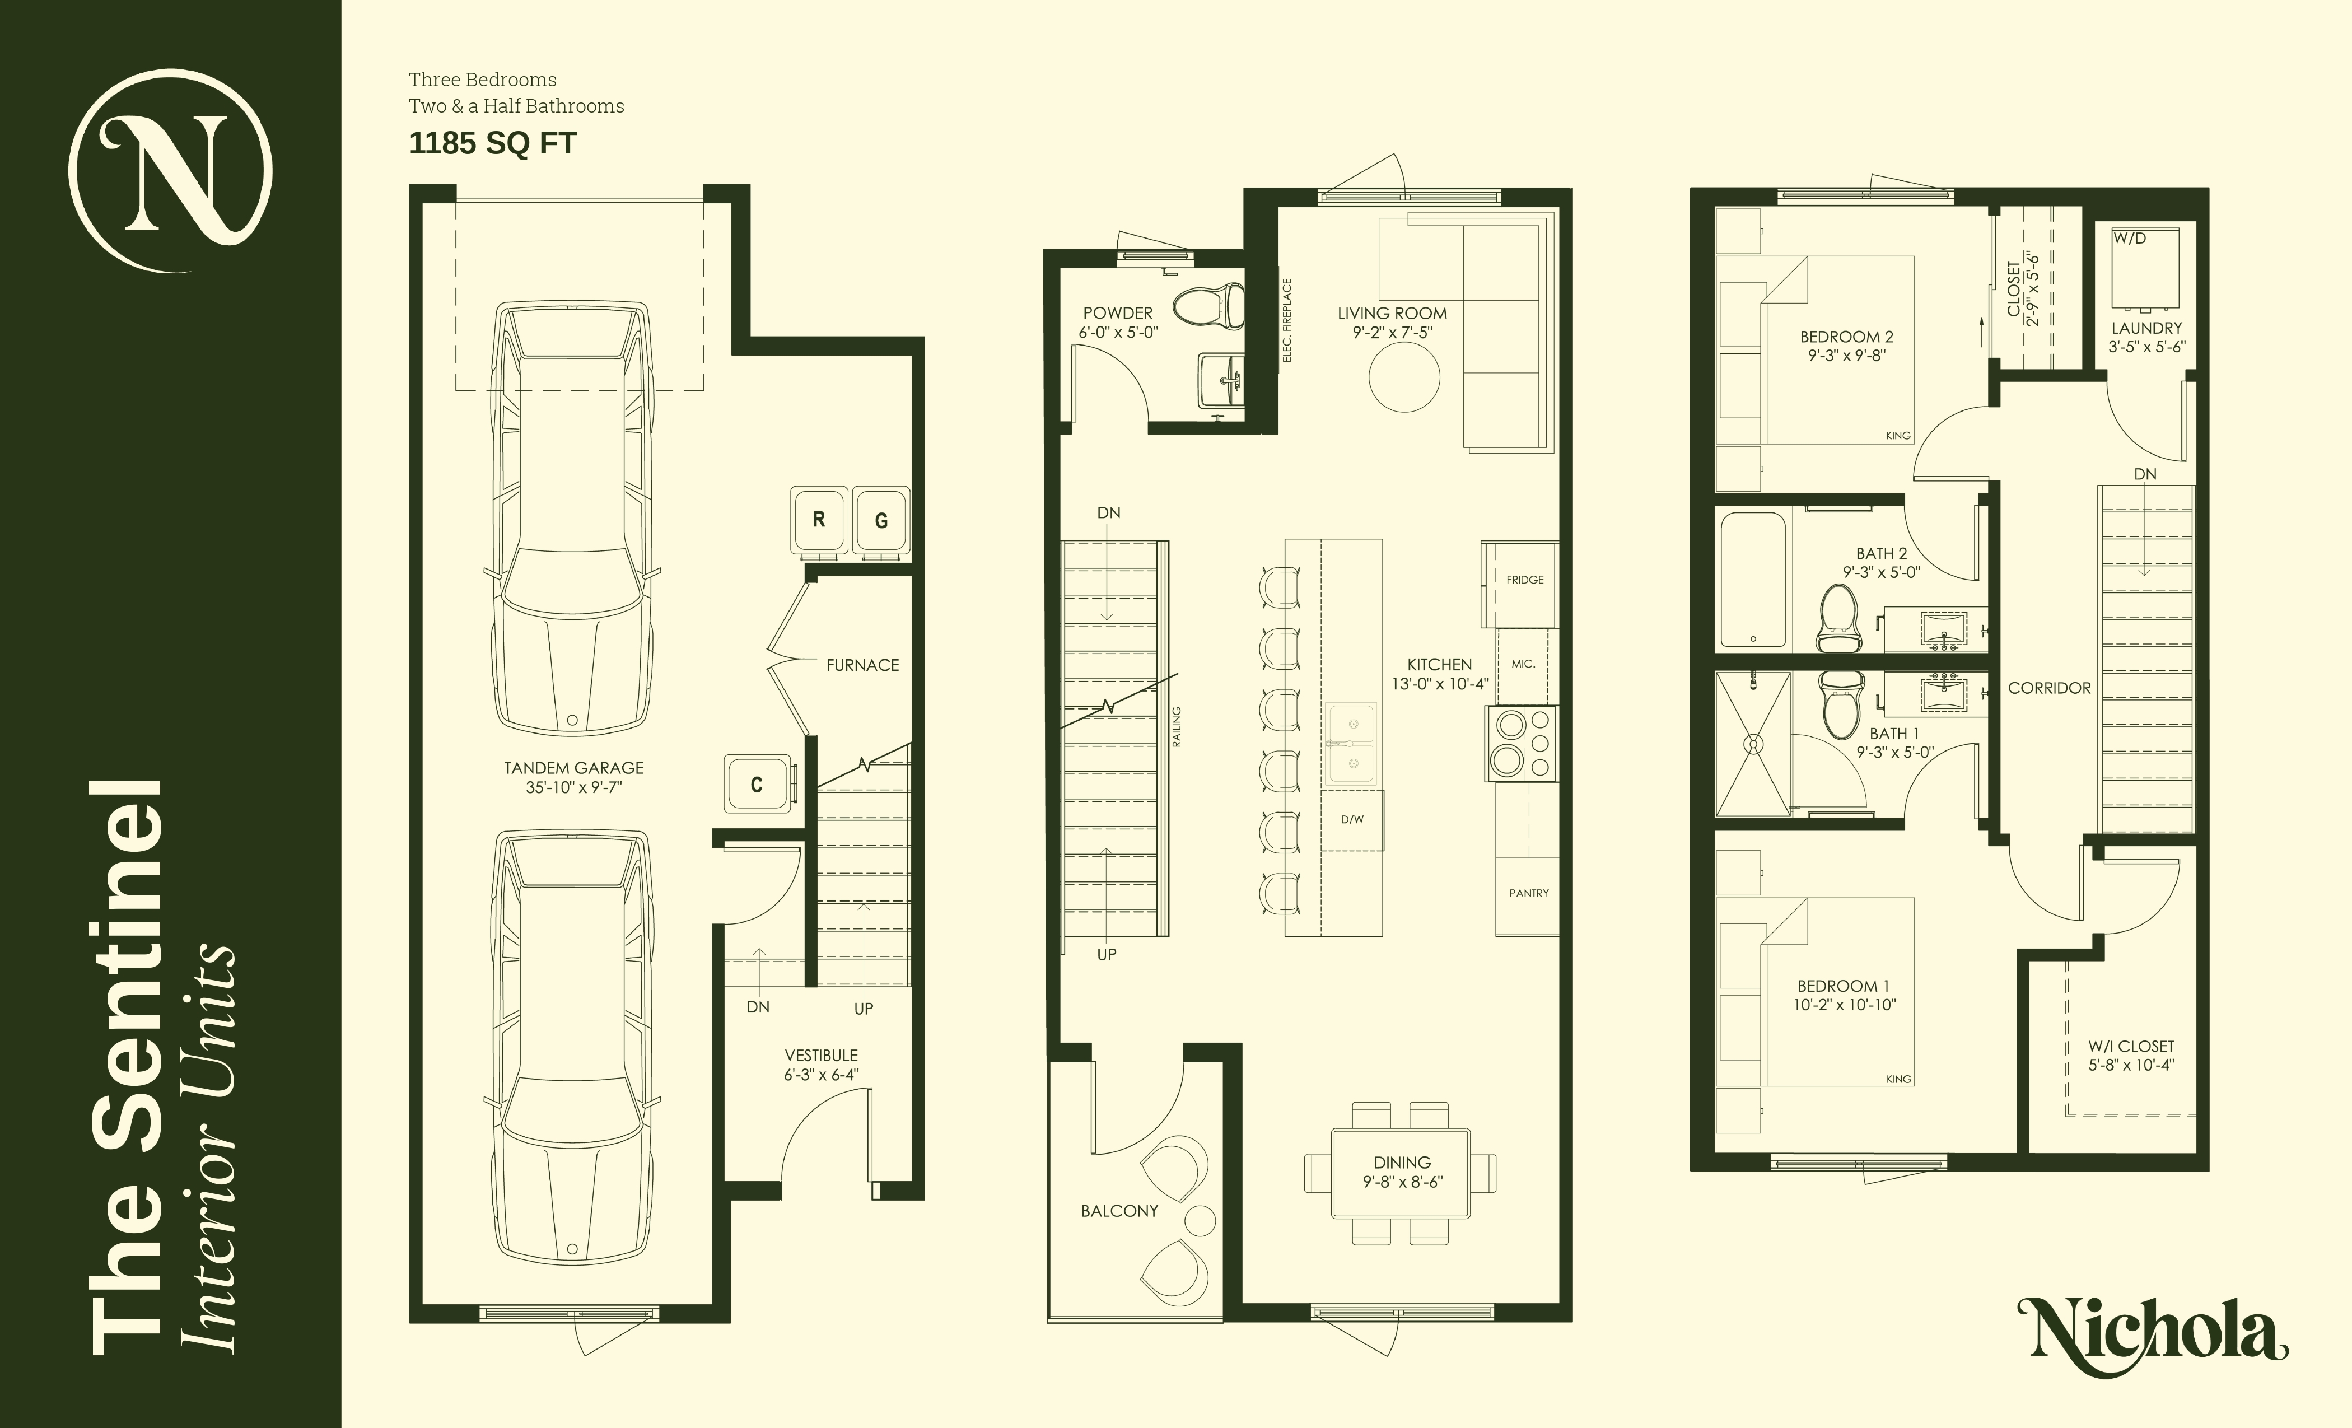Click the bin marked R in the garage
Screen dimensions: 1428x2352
(x=818, y=520)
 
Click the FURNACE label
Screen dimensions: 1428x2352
(x=862, y=665)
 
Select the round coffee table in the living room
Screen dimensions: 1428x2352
(x=1403, y=377)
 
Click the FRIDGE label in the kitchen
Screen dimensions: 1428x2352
(x=1524, y=580)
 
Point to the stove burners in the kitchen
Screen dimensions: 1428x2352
(x=1520, y=744)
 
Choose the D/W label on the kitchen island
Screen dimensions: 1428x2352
(x=1352, y=819)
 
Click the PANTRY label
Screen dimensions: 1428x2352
(x=1528, y=893)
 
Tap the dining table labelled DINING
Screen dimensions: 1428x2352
(x=1401, y=1172)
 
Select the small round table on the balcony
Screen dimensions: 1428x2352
(x=1199, y=1220)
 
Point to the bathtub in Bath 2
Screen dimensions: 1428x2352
(x=1753, y=580)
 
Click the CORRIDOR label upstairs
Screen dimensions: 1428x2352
(x=2048, y=687)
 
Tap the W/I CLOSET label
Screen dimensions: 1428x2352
(x=2131, y=1056)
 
